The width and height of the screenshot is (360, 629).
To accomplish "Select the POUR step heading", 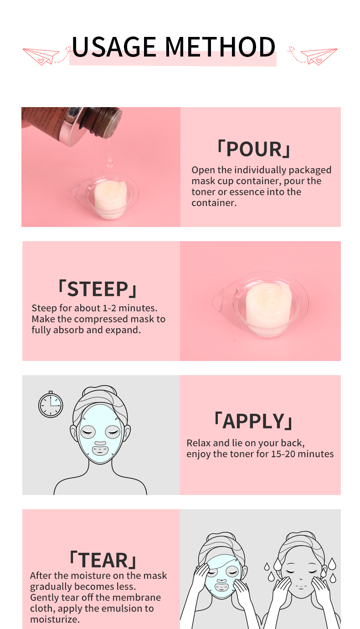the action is coord(254,149).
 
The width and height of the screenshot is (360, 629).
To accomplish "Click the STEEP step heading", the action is coord(98,289).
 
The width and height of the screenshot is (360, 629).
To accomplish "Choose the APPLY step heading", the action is coord(253,421).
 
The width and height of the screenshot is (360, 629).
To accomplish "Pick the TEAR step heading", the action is coord(103,560).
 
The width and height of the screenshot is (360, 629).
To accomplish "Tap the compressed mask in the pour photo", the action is coord(110,199).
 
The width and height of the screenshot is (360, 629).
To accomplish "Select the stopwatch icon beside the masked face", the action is coord(51,404).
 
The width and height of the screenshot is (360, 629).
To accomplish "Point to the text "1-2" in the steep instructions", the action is coord(110,308).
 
